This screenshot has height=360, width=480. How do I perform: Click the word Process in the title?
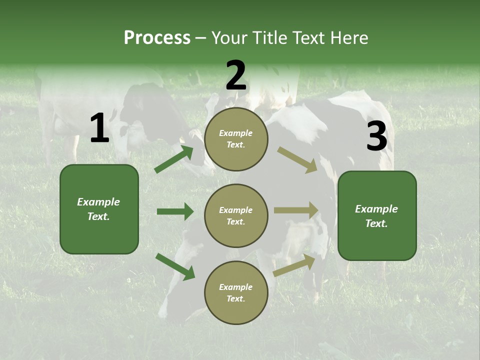[x=157, y=38]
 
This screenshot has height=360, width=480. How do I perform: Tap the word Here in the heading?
[x=349, y=38]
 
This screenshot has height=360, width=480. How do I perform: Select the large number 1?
[x=99, y=128]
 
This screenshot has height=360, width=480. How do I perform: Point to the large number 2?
[x=236, y=76]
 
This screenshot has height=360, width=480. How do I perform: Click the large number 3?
[x=376, y=136]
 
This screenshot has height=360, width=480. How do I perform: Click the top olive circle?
[x=236, y=139]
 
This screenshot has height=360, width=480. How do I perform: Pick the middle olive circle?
[x=236, y=215]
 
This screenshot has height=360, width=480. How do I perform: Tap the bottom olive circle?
[x=236, y=292]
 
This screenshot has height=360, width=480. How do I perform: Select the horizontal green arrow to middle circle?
[x=175, y=211]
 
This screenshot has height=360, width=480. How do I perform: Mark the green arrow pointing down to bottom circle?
[x=175, y=266]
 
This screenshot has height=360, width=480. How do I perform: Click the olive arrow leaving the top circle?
[x=297, y=159]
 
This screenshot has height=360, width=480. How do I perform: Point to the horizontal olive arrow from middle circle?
[x=296, y=210]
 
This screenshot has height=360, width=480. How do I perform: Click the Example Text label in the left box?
[x=98, y=209]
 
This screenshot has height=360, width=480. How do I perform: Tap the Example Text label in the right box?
[x=376, y=216]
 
